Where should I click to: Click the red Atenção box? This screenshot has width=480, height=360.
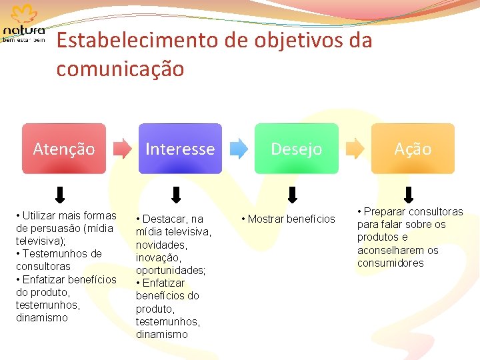tap(64, 149)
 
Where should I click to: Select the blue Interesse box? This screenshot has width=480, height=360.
tap(180, 149)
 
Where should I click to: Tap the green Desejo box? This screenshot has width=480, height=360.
tap(296, 149)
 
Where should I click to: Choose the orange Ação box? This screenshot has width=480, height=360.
tap(413, 149)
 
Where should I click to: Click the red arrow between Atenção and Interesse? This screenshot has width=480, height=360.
tap(122, 149)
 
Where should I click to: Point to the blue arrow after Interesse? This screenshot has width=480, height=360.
tap(239, 149)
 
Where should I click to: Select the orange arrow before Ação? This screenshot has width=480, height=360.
tap(355, 149)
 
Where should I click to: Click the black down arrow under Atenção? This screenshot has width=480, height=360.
tap(60, 194)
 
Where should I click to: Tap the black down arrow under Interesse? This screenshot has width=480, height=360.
tap(177, 194)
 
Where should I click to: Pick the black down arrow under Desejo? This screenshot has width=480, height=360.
tap(293, 194)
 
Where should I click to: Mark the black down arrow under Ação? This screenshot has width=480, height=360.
tap(409, 194)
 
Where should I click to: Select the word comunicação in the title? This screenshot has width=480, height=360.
tap(120, 69)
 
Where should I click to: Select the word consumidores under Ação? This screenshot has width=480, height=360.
tap(390, 263)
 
